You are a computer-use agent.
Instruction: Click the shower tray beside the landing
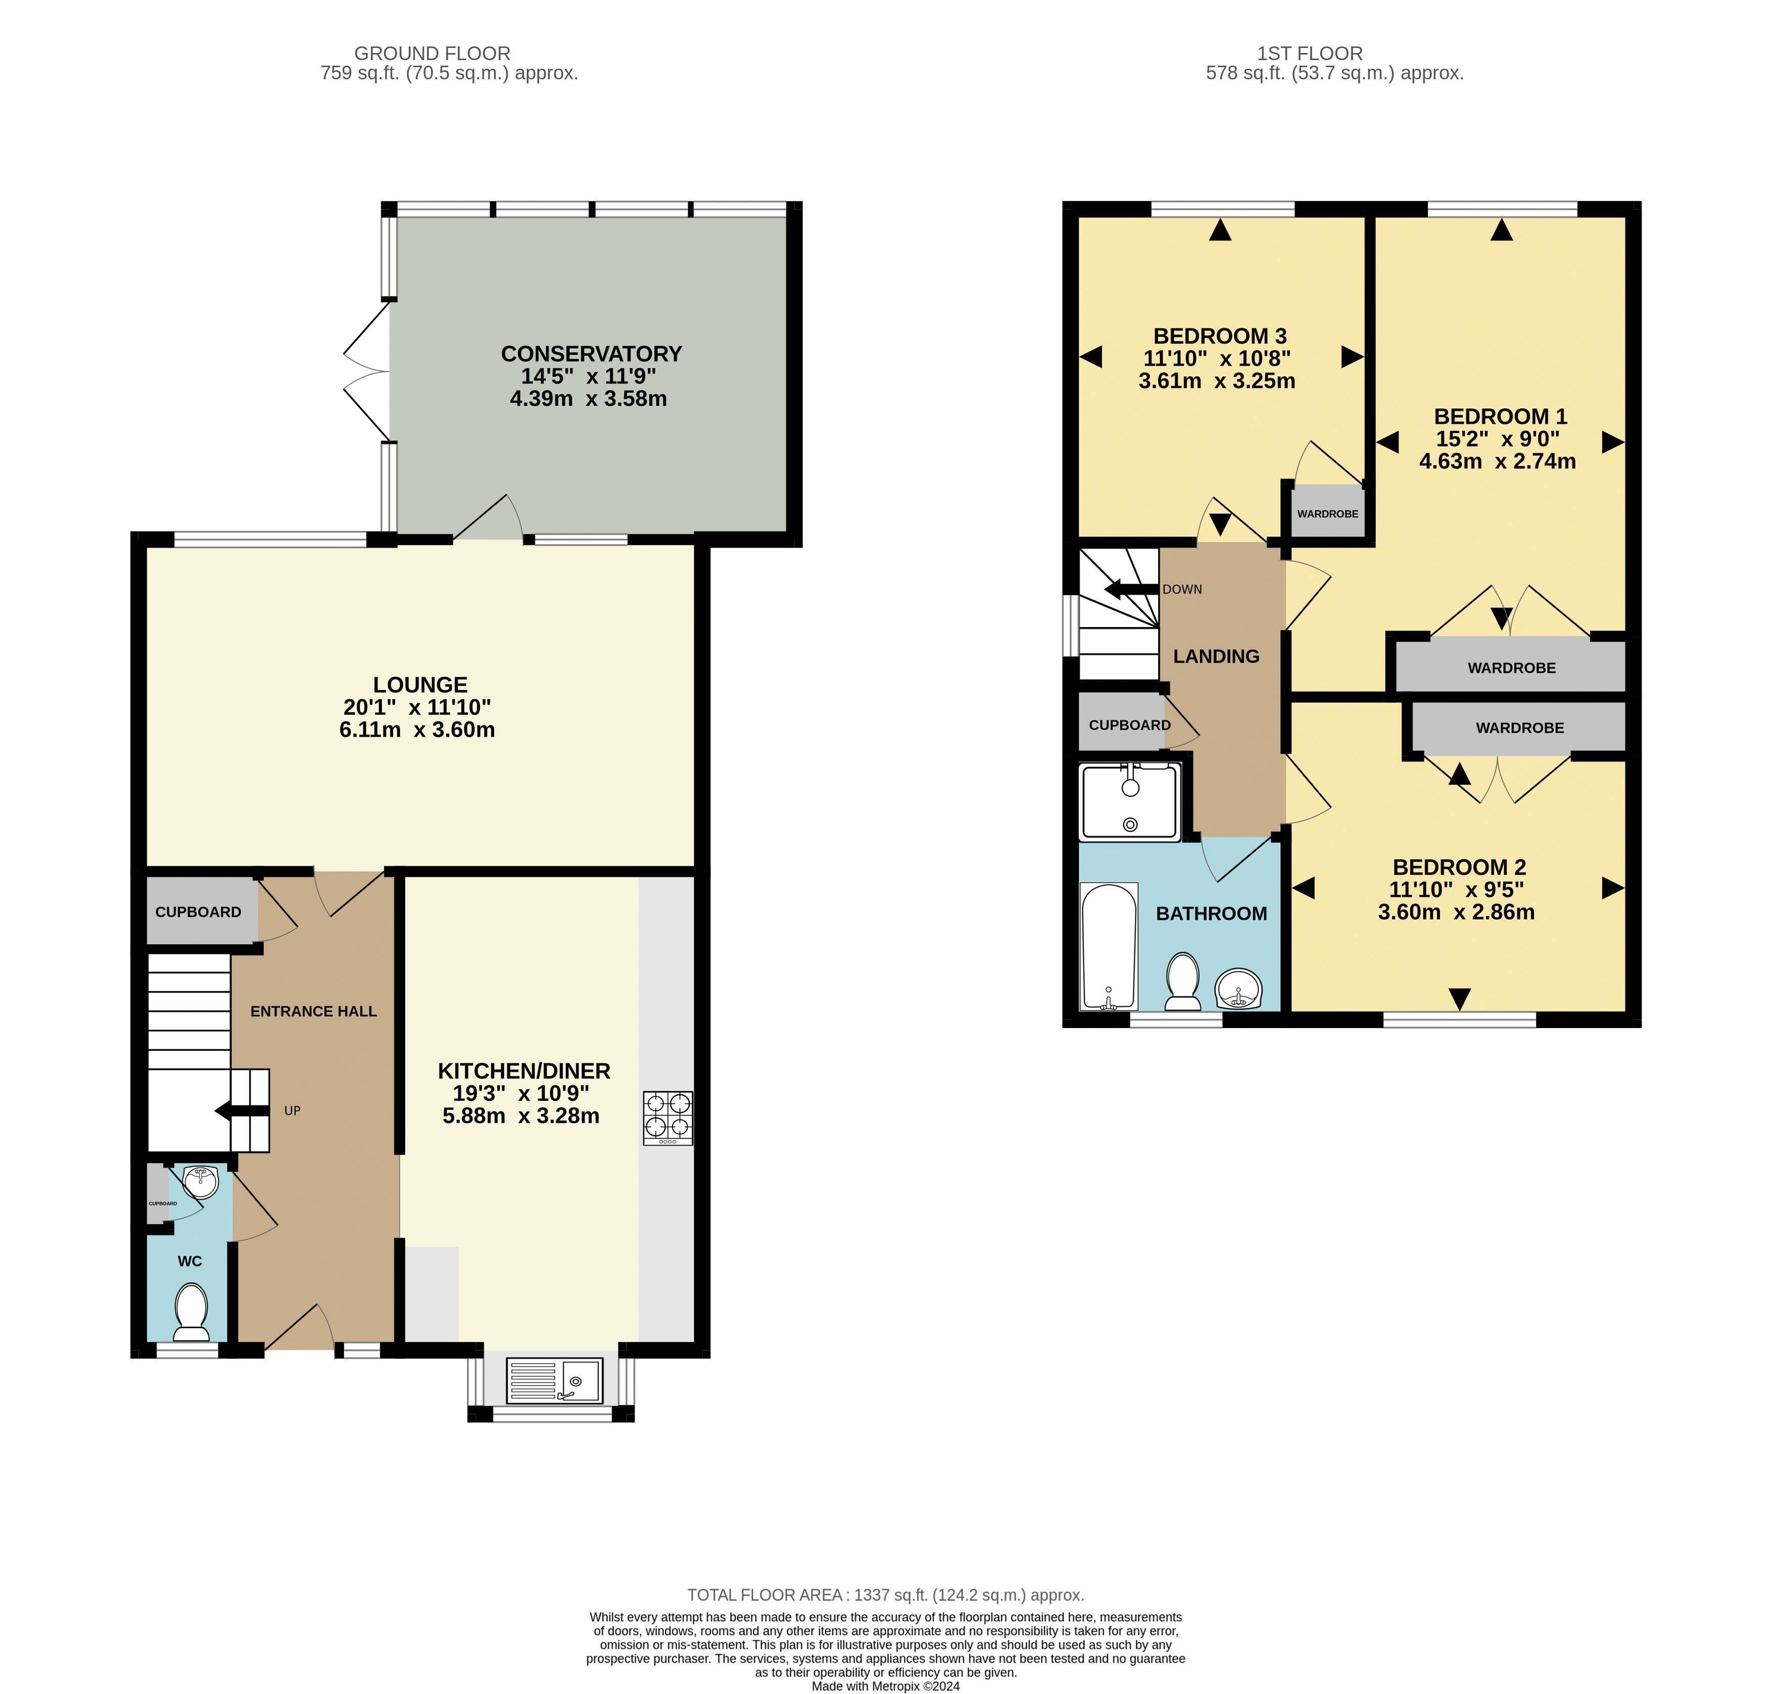coord(1129,801)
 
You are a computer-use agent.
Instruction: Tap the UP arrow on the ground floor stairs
coord(242,1110)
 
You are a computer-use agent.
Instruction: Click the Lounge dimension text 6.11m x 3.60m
coord(417,730)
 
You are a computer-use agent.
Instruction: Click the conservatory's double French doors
coord(366,371)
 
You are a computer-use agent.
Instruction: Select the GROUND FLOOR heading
coord(432,53)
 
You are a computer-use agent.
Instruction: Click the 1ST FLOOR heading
coord(1309,53)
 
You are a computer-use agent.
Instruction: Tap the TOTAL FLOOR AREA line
coord(885,1594)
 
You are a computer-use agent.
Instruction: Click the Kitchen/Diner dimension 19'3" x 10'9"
coord(521,1093)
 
